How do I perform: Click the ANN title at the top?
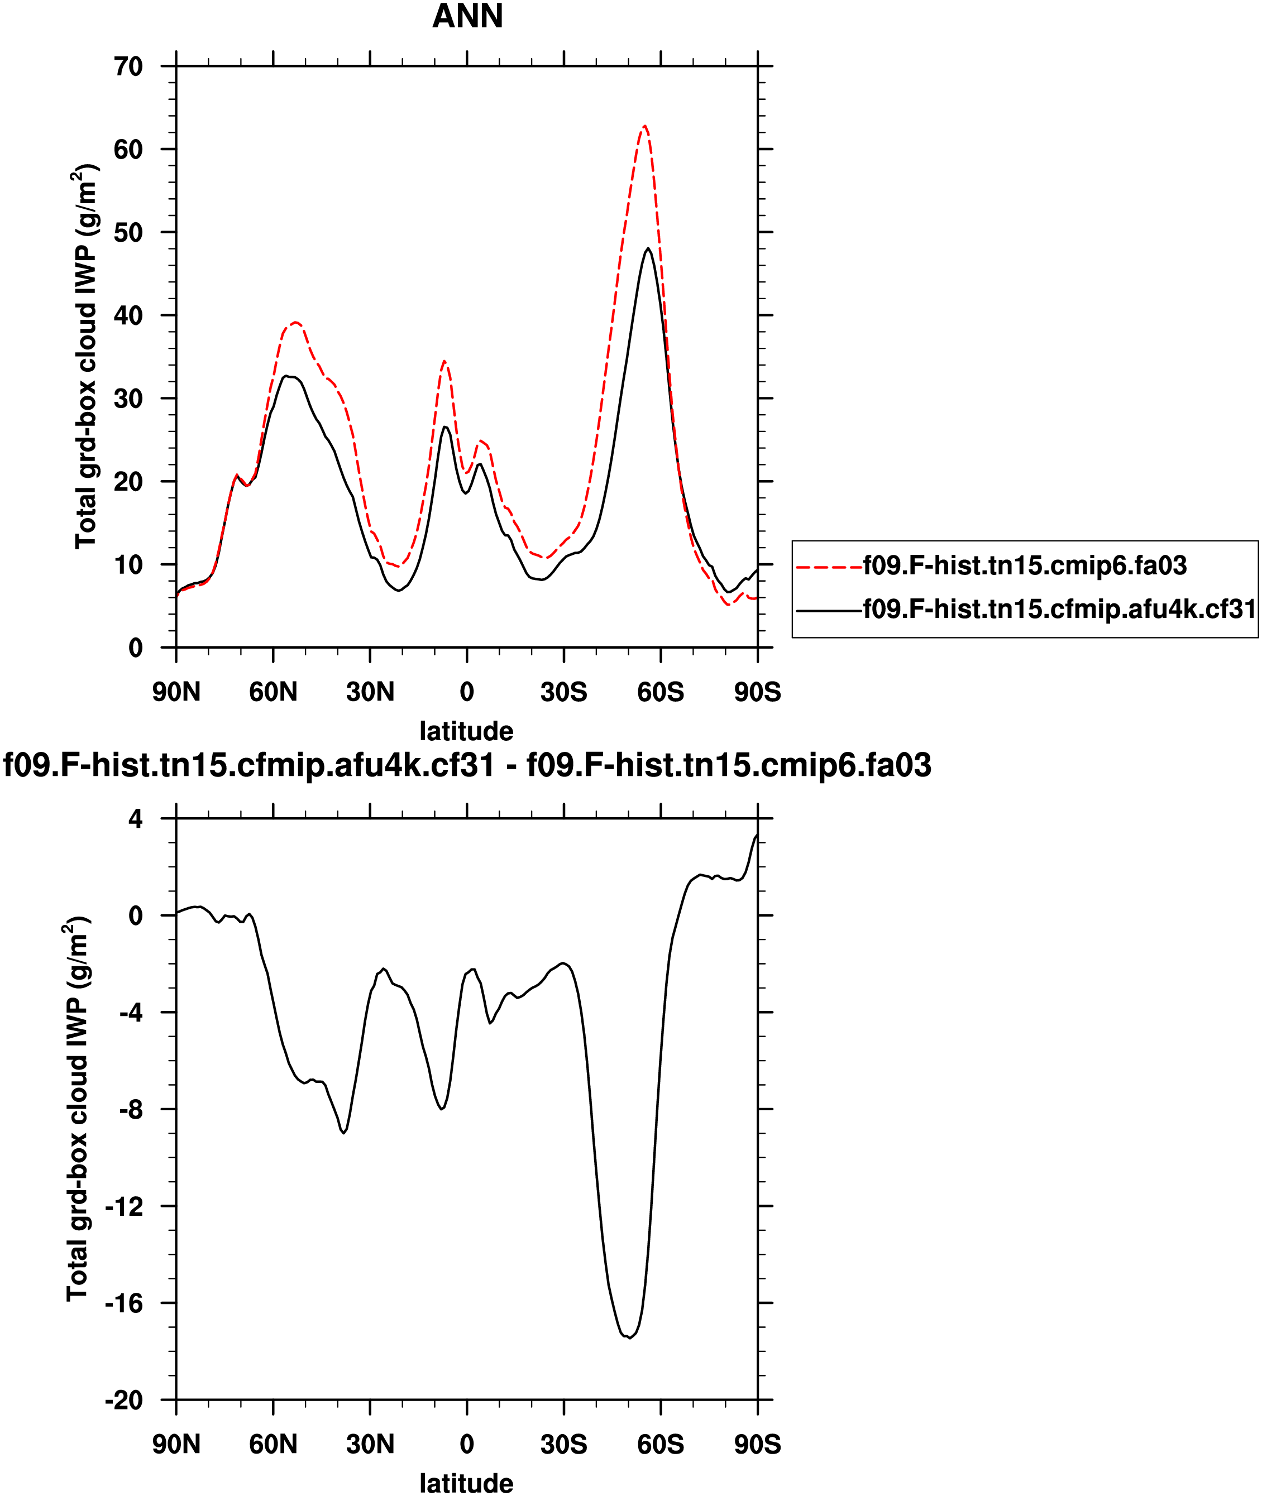(467, 16)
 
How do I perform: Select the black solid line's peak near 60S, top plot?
(648, 249)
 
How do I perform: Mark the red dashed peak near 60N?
(295, 323)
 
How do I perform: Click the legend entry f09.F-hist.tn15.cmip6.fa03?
(1025, 565)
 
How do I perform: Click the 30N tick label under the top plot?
(370, 692)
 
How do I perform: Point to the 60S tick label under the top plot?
(661, 692)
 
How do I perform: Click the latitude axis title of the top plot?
(466, 731)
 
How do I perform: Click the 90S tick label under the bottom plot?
(758, 1445)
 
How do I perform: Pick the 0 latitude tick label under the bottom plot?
(466, 1445)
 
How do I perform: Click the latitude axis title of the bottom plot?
(466, 1483)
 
